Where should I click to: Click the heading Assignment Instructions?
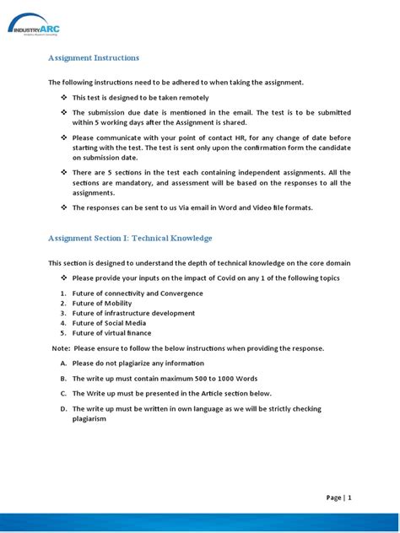pyautogui.click(x=94, y=58)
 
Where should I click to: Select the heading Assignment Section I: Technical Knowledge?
pyautogui.click(x=130, y=239)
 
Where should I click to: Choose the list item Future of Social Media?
pyautogui.click(x=109, y=323)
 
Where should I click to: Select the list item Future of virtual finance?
pyautogui.click(x=111, y=333)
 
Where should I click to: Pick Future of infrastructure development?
pyautogui.click(x=132, y=313)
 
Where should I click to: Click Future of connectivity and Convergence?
pyautogui.click(x=137, y=293)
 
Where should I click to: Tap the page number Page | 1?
pyautogui.click(x=338, y=498)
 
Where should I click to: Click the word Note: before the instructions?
pyautogui.click(x=61, y=348)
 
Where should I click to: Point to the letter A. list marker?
pyautogui.click(x=63, y=363)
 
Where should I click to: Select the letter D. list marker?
pyautogui.click(x=63, y=409)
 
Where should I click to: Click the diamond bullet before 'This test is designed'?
pyautogui.click(x=63, y=98)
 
